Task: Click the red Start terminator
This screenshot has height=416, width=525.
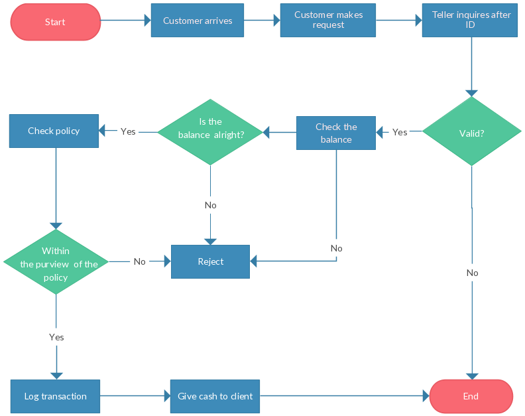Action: pos(56,22)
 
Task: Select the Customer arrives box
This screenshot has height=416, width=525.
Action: pos(198,21)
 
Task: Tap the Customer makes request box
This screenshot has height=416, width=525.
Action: pos(328,20)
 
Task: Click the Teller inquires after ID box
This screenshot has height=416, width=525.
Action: pos(470,20)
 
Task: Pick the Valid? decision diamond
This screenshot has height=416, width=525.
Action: pos(471,132)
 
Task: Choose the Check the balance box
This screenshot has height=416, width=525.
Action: pos(336,133)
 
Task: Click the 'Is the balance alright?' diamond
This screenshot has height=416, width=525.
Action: pos(211,131)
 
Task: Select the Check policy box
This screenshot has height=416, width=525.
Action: pos(54,131)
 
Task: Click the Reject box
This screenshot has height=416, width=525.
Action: pos(211,261)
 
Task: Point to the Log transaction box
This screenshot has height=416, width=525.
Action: pos(56,396)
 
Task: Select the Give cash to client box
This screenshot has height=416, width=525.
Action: pos(215,396)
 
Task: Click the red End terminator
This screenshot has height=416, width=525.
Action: pos(471,396)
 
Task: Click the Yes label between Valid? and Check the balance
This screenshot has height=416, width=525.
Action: pos(400,132)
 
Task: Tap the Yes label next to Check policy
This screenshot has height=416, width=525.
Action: pos(128,131)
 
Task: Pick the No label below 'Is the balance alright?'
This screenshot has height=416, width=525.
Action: pos(211,205)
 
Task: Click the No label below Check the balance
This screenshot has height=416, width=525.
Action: pos(336,248)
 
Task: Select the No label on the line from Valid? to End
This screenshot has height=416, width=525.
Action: pos(472,273)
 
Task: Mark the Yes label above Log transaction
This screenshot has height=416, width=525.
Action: pos(56,337)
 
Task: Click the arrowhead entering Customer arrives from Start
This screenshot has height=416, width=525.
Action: pos(147,21)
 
